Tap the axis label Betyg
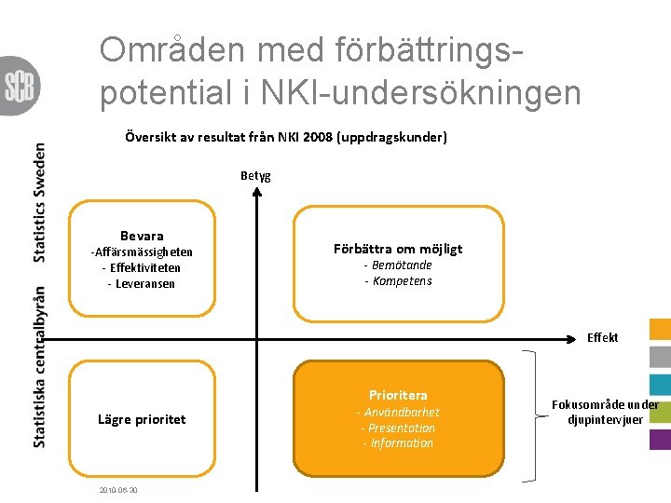[x=255, y=175]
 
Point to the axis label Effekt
[x=602, y=337]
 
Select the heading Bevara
[x=142, y=236]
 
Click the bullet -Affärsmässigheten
[x=142, y=251]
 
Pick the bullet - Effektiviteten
[x=142, y=267]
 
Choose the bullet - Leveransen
[x=142, y=283]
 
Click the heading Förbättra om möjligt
[x=398, y=249]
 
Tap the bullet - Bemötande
[x=398, y=265]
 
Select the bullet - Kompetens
[x=398, y=281]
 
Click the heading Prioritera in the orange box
[x=398, y=395]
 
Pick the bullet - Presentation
[x=398, y=428]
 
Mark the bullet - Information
[x=398, y=443]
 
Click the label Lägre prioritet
[x=142, y=419]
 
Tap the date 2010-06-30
[x=117, y=490]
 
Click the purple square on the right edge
[x=660, y=439]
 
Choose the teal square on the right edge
[x=660, y=384]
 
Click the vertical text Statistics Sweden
[x=39, y=201]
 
